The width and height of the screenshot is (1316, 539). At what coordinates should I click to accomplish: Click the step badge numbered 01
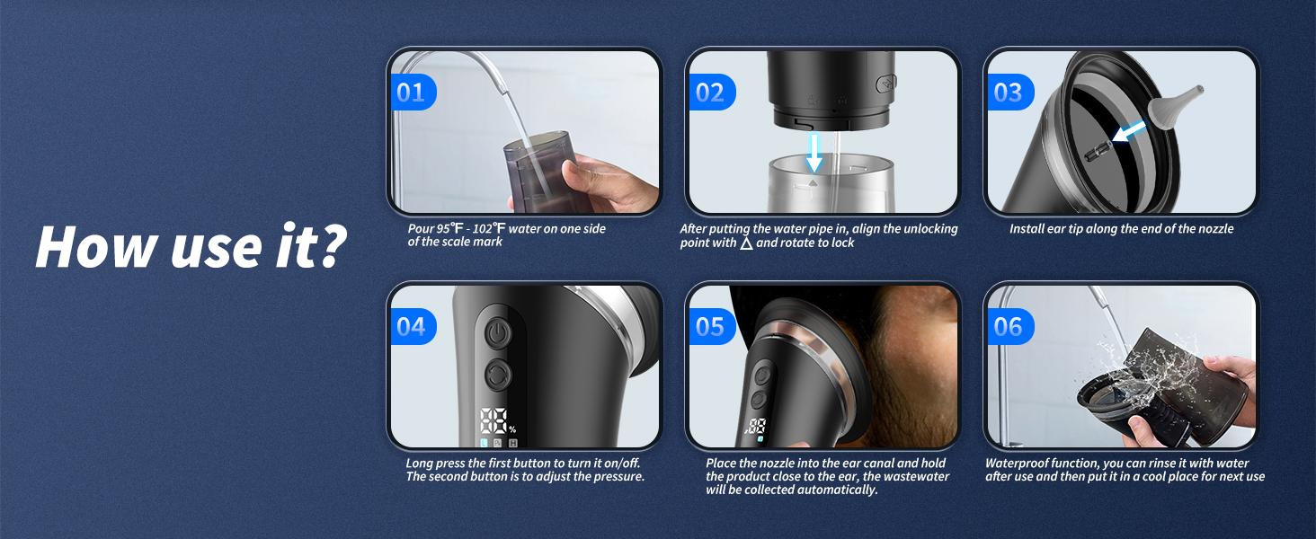(x=411, y=93)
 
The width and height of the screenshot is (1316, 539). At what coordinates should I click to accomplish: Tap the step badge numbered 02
(x=710, y=93)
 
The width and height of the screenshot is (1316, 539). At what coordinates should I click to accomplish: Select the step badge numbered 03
(x=1008, y=93)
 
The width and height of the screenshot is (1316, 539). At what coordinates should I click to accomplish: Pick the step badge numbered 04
(x=411, y=326)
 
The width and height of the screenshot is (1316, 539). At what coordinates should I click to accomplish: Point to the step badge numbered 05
(x=710, y=326)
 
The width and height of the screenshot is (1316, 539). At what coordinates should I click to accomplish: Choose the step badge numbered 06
(x=1008, y=326)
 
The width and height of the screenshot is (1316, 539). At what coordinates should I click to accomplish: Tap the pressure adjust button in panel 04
(x=497, y=374)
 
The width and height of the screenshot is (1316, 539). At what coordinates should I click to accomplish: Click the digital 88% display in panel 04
(x=494, y=421)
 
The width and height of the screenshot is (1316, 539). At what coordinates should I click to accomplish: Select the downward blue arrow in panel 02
(x=814, y=151)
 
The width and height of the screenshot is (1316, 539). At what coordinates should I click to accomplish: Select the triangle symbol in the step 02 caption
(x=746, y=243)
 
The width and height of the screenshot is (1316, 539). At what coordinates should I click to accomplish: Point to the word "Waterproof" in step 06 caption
(x=1020, y=463)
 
